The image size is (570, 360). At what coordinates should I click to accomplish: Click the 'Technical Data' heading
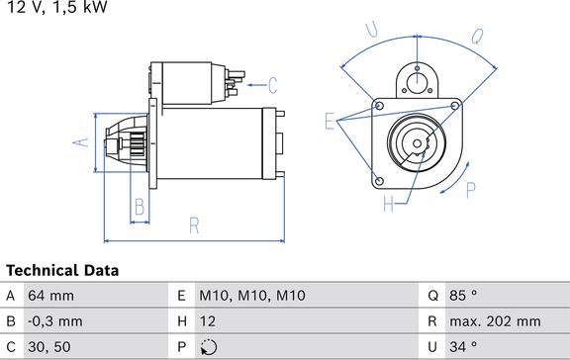pos(62,270)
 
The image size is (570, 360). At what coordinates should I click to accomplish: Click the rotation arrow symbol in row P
pos(207,347)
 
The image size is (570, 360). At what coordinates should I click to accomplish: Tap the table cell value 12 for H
pos(207,321)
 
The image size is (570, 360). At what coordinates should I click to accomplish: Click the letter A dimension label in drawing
pos(82,141)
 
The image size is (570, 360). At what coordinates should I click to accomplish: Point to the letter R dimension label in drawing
pos(194,225)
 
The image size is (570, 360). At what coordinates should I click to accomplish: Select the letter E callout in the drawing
pos(330,122)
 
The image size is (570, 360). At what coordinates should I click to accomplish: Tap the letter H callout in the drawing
pos(389,204)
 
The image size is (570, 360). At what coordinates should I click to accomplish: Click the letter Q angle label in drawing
pos(476,37)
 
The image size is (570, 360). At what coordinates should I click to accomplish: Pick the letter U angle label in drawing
pos(371,32)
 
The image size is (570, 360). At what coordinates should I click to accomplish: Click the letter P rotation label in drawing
pos(471,189)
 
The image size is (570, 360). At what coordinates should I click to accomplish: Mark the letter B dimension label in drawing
pos(140,207)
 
